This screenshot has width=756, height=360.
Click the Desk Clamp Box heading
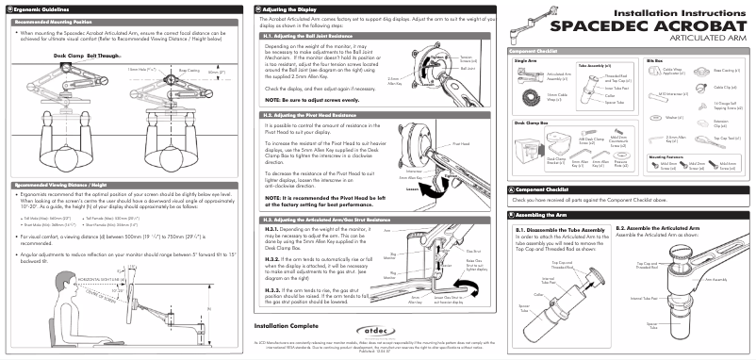(534, 123)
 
